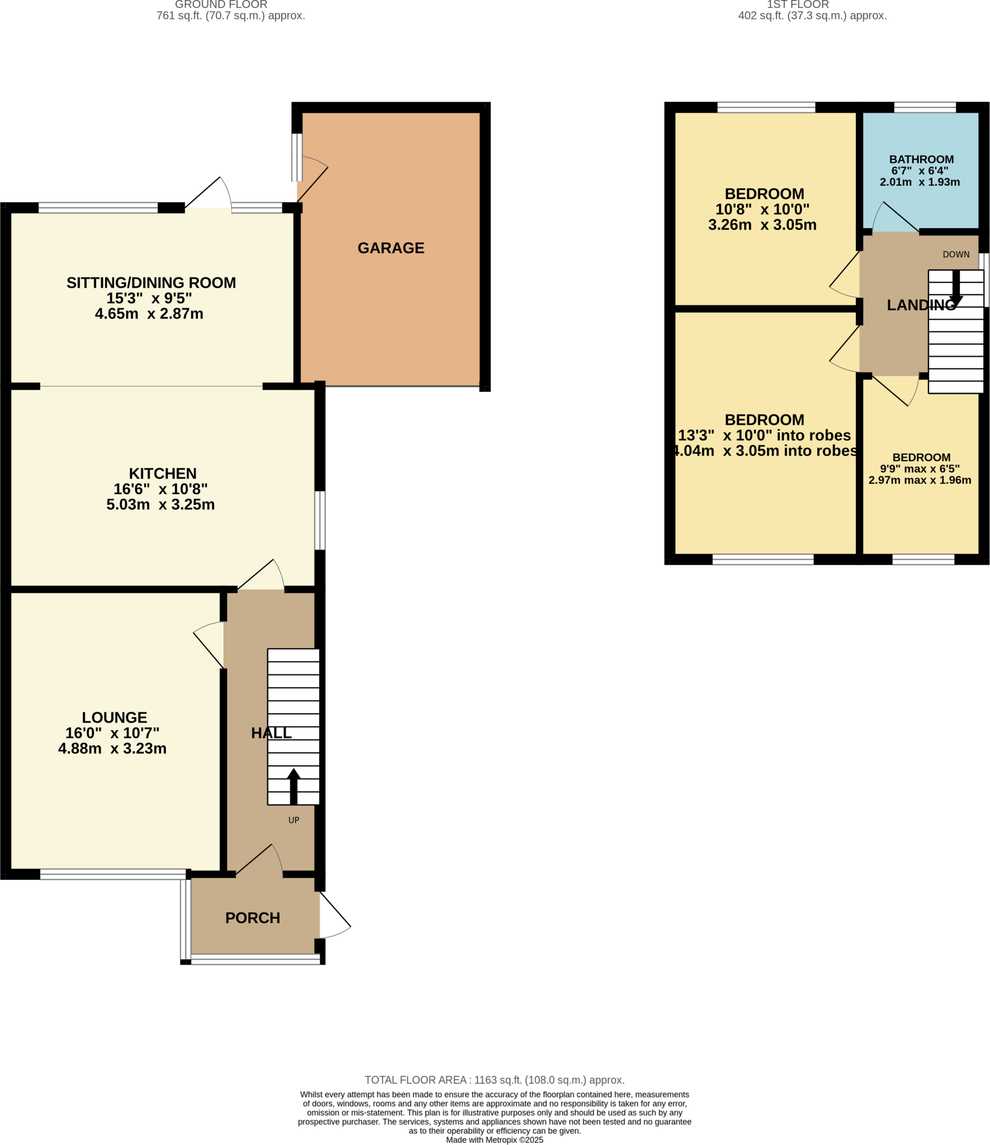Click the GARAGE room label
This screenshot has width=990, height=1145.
pyautogui.click(x=391, y=248)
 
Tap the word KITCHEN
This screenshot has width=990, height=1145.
pyautogui.click(x=163, y=474)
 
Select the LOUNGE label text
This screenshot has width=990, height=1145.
pyautogui.click(x=115, y=717)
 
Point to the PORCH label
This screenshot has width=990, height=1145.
pyautogui.click(x=253, y=918)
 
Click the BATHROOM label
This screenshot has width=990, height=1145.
pyautogui.click(x=921, y=159)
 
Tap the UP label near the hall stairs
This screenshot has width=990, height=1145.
pyautogui.click(x=293, y=820)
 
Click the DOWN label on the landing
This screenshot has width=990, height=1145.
pyautogui.click(x=956, y=254)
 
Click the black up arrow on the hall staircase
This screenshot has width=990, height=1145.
pyautogui.click(x=293, y=785)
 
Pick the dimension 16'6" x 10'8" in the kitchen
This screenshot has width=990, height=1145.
pyautogui.click(x=160, y=489)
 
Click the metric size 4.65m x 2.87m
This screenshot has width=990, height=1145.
pyautogui.click(x=149, y=314)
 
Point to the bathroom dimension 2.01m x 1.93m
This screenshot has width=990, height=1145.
pyautogui.click(x=920, y=182)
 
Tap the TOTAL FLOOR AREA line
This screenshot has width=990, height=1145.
pyautogui.click(x=494, y=1080)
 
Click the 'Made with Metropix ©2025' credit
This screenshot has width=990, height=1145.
pyautogui.click(x=494, y=1140)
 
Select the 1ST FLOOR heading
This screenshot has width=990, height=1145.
pyautogui.click(x=797, y=4)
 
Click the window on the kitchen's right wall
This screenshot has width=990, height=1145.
pyautogui.click(x=320, y=520)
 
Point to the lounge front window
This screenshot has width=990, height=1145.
pyautogui.click(x=113, y=874)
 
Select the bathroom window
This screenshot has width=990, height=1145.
pyautogui.click(x=925, y=107)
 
